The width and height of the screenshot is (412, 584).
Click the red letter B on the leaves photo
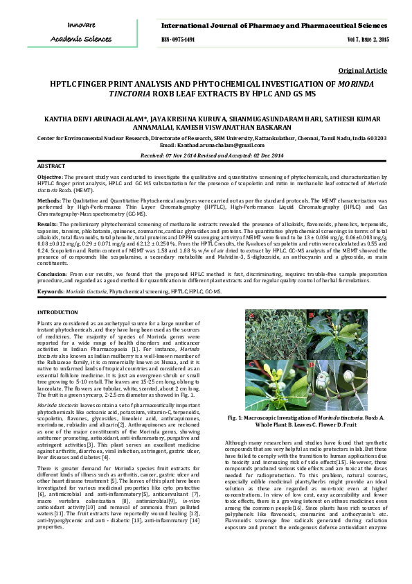(312, 316)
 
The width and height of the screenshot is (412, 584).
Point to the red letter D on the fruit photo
(312, 364)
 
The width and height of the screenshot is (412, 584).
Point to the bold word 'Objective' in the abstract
(49, 178)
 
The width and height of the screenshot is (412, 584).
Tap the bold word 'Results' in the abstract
(47, 225)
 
